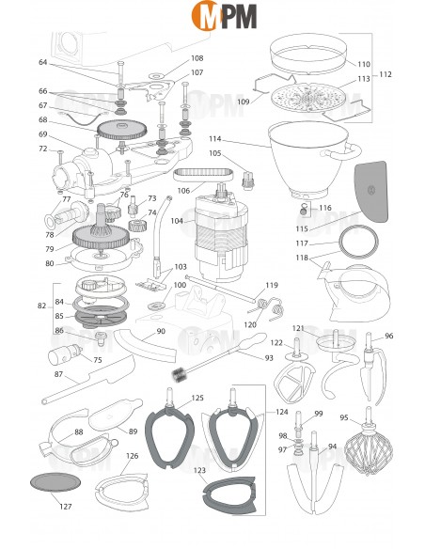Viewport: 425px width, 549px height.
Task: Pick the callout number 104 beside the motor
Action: point(177,221)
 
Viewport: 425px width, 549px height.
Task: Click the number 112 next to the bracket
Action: point(385,73)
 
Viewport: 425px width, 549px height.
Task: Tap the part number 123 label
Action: point(198,469)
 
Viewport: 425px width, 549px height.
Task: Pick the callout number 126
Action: point(133,456)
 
